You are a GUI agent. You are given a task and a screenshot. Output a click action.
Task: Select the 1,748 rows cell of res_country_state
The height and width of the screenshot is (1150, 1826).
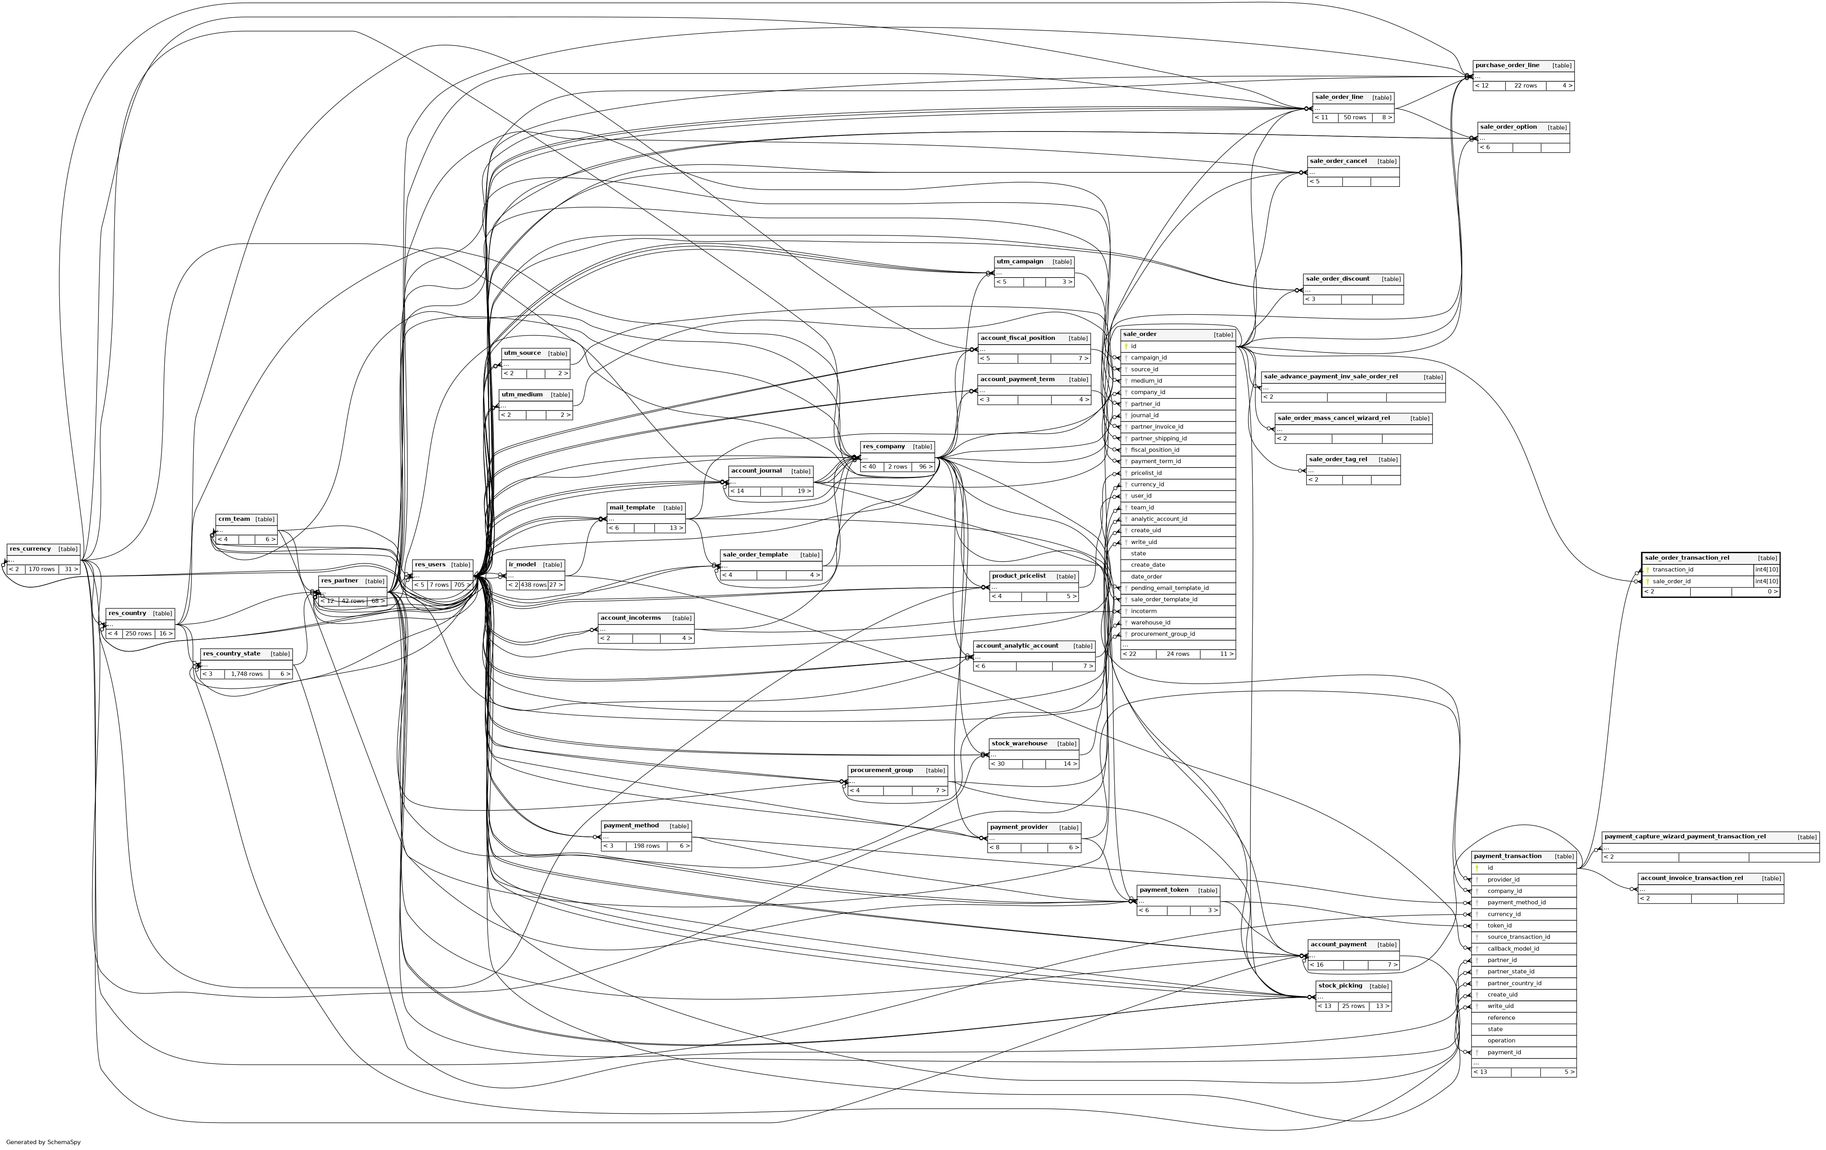point(246,674)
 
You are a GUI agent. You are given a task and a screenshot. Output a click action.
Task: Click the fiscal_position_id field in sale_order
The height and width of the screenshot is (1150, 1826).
point(1155,450)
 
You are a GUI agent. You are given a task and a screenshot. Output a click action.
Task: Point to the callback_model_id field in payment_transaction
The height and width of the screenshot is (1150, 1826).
point(1513,948)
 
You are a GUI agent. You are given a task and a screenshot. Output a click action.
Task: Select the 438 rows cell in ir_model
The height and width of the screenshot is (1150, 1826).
point(533,585)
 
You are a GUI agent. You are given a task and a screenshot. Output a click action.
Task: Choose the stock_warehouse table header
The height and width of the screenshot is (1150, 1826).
point(1019,743)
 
